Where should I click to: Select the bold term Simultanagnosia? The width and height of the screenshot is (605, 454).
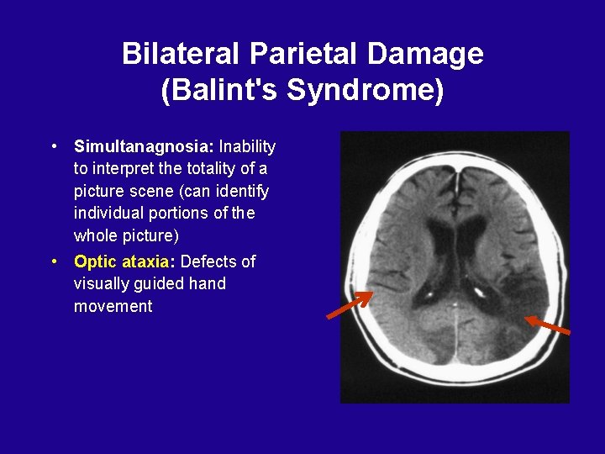click(144, 147)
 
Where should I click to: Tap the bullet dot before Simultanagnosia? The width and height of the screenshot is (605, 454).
click(55, 146)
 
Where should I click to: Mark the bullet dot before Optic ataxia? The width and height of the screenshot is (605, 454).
click(55, 261)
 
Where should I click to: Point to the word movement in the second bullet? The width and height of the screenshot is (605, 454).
click(113, 306)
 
